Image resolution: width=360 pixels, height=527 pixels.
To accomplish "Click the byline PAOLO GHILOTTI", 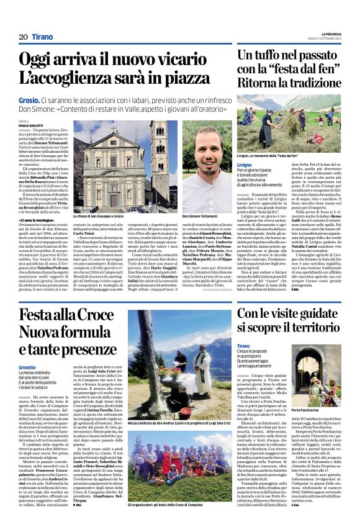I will coord(31,125).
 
